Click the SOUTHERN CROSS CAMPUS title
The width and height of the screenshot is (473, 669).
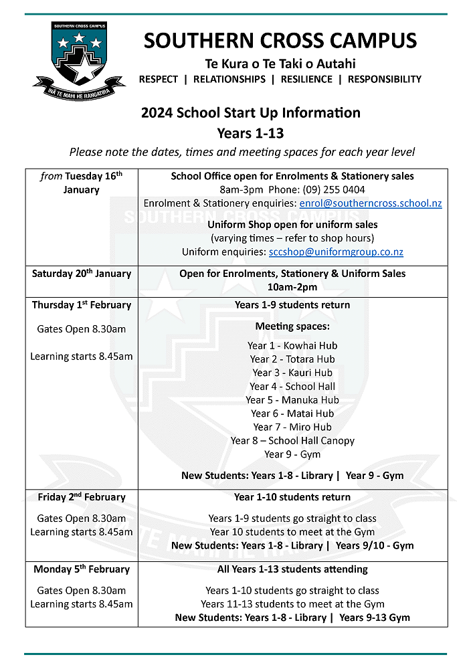click(x=280, y=41)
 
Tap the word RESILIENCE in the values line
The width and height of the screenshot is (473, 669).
click(x=306, y=79)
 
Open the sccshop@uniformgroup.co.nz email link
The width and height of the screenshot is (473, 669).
click(x=336, y=252)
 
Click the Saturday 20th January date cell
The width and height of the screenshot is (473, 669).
click(x=82, y=274)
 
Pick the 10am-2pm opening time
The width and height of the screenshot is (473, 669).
click(x=292, y=287)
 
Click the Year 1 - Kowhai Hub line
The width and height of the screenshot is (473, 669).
click(x=292, y=346)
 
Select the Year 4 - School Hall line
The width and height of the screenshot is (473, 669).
click(x=292, y=387)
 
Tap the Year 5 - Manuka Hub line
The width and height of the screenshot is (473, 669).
click(x=292, y=400)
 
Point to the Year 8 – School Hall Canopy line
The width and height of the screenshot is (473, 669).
click(x=292, y=441)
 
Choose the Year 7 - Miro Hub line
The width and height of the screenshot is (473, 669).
click(x=292, y=427)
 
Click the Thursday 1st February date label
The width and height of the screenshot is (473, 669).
click(x=82, y=305)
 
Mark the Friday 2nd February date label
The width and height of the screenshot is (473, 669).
click(x=82, y=497)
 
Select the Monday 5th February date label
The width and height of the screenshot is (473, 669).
click(x=82, y=569)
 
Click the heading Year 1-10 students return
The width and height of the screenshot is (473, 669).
click(x=292, y=497)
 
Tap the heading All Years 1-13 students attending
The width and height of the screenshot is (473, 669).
click(x=292, y=569)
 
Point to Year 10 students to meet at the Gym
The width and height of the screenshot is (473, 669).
click(x=292, y=532)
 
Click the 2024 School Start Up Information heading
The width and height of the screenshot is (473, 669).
click(x=251, y=112)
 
